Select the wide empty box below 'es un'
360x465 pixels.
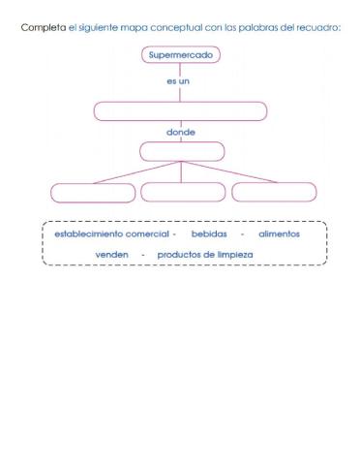181,110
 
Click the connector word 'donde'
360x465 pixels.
181,132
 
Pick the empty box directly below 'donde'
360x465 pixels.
182,151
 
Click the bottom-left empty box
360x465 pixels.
93,192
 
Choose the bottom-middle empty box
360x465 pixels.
182,192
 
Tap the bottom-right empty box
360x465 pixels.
274,192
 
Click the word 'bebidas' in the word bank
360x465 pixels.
210,233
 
